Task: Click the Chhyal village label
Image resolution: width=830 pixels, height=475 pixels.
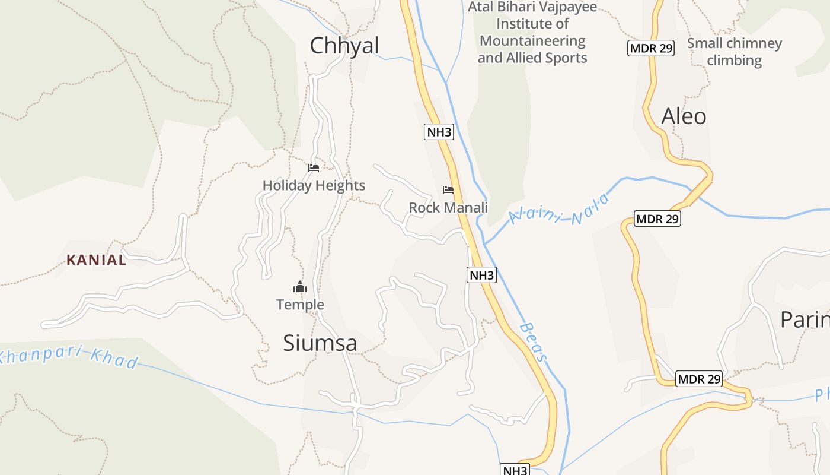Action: coord(344,46)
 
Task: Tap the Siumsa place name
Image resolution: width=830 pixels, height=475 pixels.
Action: coord(320,343)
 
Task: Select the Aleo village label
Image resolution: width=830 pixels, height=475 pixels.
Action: coord(684,116)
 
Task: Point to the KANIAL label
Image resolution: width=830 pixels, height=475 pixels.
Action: coord(97,260)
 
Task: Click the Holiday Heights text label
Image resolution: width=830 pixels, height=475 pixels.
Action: coord(314,185)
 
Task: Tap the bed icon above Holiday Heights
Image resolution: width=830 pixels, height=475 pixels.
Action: coord(314,168)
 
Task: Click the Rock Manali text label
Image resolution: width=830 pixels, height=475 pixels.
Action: coord(448,207)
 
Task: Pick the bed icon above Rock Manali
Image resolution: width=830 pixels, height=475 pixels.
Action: coord(448,190)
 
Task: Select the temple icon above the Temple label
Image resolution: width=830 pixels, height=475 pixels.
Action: coord(300,287)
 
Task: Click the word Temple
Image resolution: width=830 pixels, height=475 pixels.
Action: coord(300,305)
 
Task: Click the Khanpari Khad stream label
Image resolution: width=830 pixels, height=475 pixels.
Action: coord(68,357)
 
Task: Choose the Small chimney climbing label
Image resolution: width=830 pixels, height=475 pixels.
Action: coord(734,52)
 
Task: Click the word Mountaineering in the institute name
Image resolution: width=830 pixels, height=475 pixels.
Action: coord(532,41)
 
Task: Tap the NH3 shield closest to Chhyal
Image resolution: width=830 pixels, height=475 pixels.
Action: coord(439,132)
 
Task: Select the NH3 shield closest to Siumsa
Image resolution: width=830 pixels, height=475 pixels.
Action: coord(481,275)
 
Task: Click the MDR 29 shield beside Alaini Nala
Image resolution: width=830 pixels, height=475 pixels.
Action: coord(657,218)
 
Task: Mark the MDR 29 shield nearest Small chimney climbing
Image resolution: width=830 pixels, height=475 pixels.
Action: coord(651,48)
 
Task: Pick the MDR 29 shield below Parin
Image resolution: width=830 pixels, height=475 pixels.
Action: coord(699,379)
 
